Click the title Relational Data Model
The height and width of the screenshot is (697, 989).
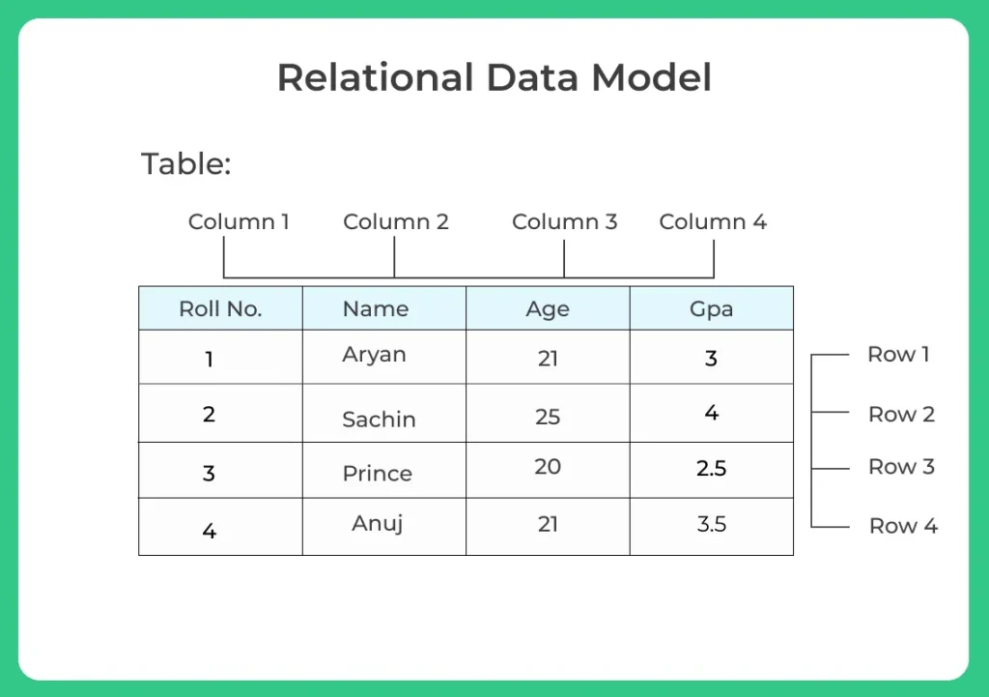click(x=494, y=77)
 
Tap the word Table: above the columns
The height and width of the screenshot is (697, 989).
click(x=186, y=163)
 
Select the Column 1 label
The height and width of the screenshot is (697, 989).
click(x=239, y=222)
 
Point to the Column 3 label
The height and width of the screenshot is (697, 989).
click(x=564, y=222)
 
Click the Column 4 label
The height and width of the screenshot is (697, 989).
click(x=713, y=222)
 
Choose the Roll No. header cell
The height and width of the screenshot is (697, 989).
click(x=220, y=309)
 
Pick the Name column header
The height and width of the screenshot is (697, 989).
click(x=376, y=309)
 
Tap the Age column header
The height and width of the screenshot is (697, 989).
click(x=548, y=309)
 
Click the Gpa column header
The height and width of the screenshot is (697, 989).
click(x=711, y=309)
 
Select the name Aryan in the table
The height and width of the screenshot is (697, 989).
click(x=374, y=355)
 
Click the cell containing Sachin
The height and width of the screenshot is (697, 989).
click(x=379, y=420)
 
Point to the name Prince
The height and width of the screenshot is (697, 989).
click(x=377, y=474)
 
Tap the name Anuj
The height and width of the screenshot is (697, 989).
click(x=377, y=524)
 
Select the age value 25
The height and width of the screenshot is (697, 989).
click(x=548, y=417)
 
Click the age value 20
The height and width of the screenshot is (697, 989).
click(x=548, y=467)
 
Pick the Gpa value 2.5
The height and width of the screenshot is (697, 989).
click(x=711, y=469)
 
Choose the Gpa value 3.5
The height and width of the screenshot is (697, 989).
click(x=711, y=525)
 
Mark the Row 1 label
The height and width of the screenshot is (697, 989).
click(x=898, y=355)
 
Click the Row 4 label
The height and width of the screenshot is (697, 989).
click(x=903, y=527)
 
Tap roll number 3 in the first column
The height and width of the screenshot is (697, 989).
click(x=209, y=474)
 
